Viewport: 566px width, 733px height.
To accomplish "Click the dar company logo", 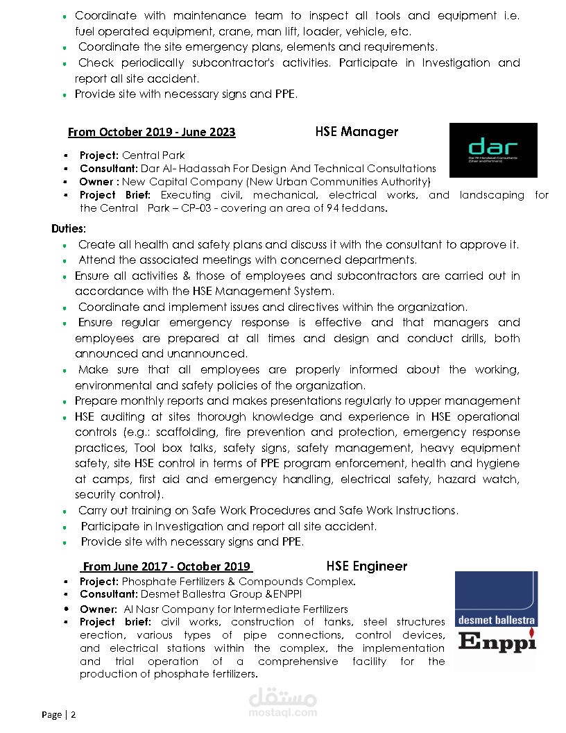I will (493, 150).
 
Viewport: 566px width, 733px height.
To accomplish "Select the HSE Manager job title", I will (357, 131).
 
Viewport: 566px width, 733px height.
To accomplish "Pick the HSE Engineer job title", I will (366, 566).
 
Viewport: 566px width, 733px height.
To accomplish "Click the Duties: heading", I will (69, 228).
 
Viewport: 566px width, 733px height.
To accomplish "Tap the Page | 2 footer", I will (58, 714).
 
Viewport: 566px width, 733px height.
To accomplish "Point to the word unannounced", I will (209, 354).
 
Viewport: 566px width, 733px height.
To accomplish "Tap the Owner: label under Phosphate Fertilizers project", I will (98, 609).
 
